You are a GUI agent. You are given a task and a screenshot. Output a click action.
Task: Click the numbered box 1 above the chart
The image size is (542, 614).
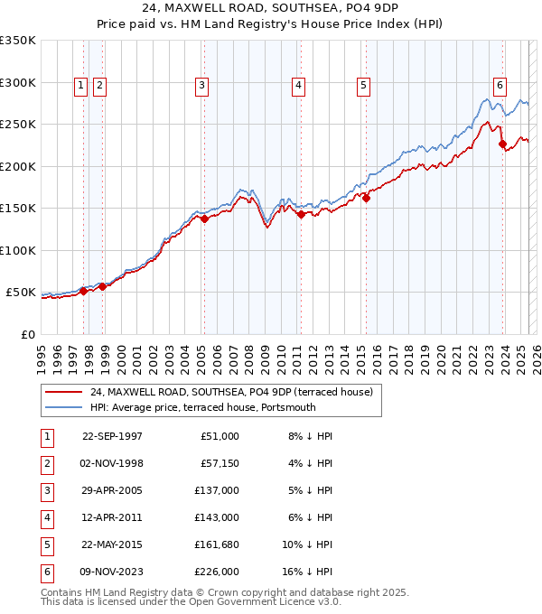coord(81,86)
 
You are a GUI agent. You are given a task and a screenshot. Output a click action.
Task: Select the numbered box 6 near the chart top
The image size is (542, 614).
coord(499,86)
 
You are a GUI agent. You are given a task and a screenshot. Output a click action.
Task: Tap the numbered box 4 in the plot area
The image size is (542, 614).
coord(297,86)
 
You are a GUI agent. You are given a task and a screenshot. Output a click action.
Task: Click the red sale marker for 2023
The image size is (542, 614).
coord(502,144)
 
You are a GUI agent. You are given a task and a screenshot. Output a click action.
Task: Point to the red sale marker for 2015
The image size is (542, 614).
coord(366,199)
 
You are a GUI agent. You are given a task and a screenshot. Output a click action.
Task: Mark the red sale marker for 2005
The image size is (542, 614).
coord(204,219)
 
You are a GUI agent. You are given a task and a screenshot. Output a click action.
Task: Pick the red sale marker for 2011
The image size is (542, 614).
coord(300,214)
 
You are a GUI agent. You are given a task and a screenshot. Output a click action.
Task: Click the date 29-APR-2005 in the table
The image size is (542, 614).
coord(112,490)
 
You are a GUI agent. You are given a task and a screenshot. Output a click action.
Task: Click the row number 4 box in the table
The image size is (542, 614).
coord(47,518)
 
